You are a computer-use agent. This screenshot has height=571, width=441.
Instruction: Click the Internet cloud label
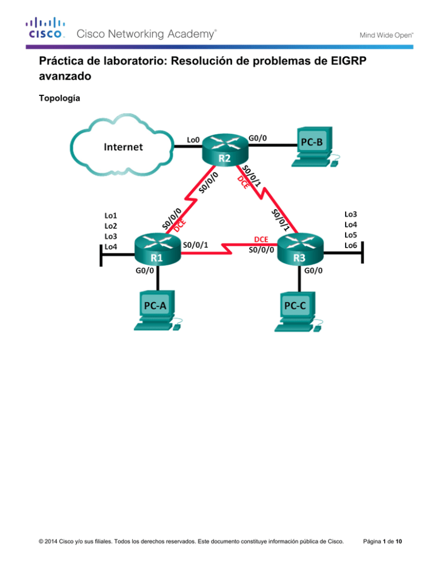(x=123, y=147)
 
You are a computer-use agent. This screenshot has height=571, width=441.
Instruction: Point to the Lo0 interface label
(x=193, y=140)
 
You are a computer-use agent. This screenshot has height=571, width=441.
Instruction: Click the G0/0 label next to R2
(x=258, y=138)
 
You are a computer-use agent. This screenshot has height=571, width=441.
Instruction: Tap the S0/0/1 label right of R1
(x=195, y=245)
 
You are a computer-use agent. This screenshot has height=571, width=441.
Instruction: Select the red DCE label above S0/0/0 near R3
(x=261, y=239)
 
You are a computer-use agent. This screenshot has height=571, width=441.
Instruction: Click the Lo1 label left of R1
(x=111, y=215)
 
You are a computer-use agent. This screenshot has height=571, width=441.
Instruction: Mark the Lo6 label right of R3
(x=351, y=245)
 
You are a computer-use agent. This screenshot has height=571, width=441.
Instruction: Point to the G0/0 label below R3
(x=314, y=271)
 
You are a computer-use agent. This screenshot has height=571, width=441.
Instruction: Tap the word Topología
(x=59, y=98)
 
